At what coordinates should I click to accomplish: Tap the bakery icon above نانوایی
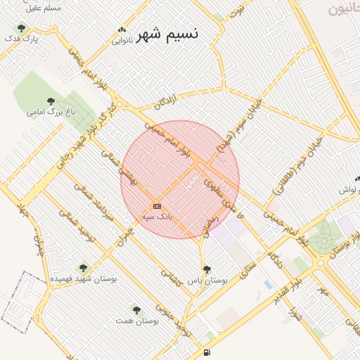pyautogui.click(x=124, y=30)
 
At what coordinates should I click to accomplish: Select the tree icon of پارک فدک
pyautogui.click(x=21, y=29)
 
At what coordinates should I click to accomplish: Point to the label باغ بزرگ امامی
pyautogui.click(x=46, y=112)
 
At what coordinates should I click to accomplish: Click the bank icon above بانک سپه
pyautogui.click(x=157, y=206)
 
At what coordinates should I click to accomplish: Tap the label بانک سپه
pyautogui.click(x=157, y=217)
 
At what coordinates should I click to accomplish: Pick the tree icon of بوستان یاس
pyautogui.click(x=206, y=269)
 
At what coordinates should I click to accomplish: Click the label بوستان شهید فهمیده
pyautogui.click(x=84, y=279)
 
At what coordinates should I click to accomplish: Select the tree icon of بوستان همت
pyautogui.click(x=136, y=309)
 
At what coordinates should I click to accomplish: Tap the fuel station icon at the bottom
pyautogui.click(x=205, y=352)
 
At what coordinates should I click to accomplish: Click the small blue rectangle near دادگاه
pyautogui.click(x=267, y=284)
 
